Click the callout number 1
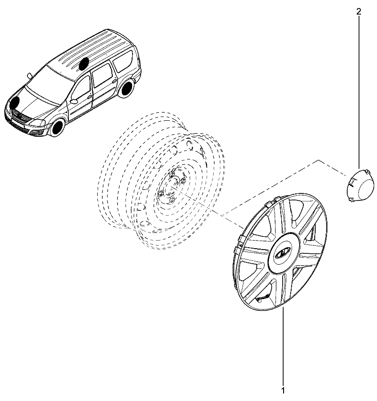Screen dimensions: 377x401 tap(283, 391)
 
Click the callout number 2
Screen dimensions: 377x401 tap(359, 11)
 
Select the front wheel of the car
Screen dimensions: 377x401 tap(57, 128)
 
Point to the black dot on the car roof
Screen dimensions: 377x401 tap(84, 64)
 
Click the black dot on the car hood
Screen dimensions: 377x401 tap(15, 102)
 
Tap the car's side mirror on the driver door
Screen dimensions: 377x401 tap(74, 101)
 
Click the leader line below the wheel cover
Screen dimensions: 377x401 tap(283, 347)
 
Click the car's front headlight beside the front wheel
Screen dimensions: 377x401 tap(38, 123)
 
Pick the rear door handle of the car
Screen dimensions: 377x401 tap(114, 81)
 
